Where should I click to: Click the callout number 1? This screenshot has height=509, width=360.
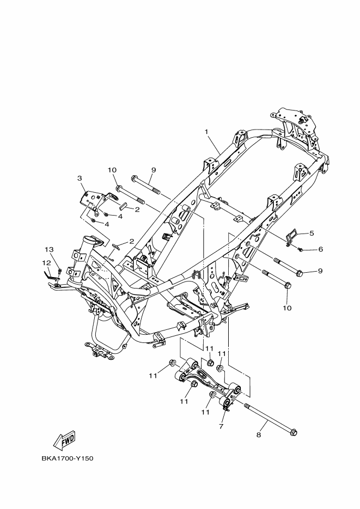pyautogui.click(x=206, y=132)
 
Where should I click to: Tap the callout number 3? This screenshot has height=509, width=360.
pyautogui.click(x=80, y=178)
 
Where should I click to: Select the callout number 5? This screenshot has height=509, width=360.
pyautogui.click(x=312, y=233)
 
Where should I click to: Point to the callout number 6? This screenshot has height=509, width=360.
pyautogui.click(x=320, y=249)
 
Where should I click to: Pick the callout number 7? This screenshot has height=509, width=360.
pyautogui.click(x=221, y=426)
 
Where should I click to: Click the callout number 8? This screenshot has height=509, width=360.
pyautogui.click(x=259, y=434)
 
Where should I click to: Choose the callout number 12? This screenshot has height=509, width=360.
pyautogui.click(x=46, y=262)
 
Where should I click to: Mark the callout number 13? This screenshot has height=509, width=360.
pyautogui.click(x=49, y=249)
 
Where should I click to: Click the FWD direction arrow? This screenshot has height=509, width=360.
pyautogui.click(x=64, y=440)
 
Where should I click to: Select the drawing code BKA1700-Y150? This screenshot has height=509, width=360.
pyautogui.click(x=68, y=459)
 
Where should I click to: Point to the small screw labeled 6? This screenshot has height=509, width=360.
pyautogui.click(x=301, y=249)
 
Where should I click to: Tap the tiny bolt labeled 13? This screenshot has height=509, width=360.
pyautogui.click(x=60, y=271)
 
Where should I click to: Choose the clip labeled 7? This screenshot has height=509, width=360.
pyautogui.click(x=227, y=409)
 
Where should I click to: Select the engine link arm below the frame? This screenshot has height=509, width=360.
pyautogui.click(x=208, y=381)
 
